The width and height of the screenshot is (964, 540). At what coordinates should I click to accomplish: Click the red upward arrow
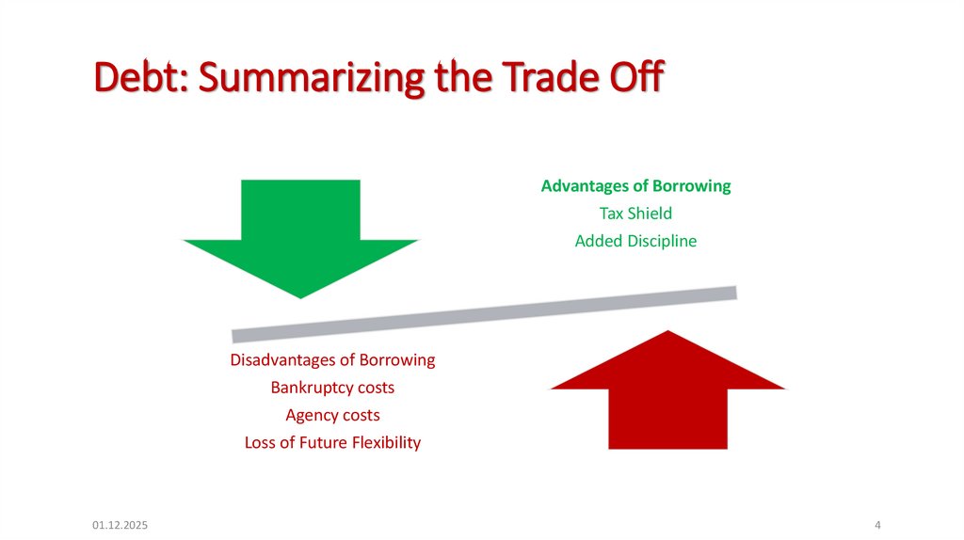(667, 395)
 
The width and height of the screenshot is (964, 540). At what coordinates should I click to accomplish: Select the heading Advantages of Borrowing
(635, 186)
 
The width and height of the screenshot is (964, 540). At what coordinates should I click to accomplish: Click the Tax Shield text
(635, 214)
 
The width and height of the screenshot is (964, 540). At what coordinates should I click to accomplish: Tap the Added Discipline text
(635, 241)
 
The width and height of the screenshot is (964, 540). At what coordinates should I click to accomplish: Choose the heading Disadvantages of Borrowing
(332, 360)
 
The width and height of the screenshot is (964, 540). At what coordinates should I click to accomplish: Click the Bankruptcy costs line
(332, 388)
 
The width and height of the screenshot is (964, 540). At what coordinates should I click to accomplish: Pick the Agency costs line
(332, 415)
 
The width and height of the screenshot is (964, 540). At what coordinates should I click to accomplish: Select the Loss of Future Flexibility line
(332, 442)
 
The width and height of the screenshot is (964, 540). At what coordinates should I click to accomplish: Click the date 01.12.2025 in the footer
(120, 524)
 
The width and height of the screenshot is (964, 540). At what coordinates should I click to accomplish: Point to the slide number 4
(877, 524)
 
